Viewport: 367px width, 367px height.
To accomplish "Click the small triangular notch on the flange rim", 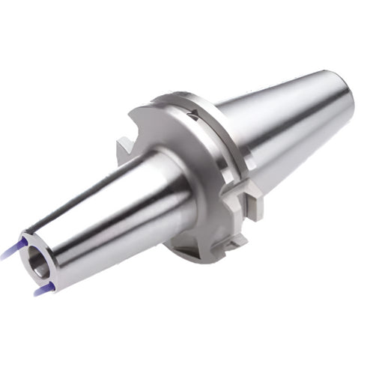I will click(192, 114).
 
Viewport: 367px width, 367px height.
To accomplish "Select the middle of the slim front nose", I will click(105, 225).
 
